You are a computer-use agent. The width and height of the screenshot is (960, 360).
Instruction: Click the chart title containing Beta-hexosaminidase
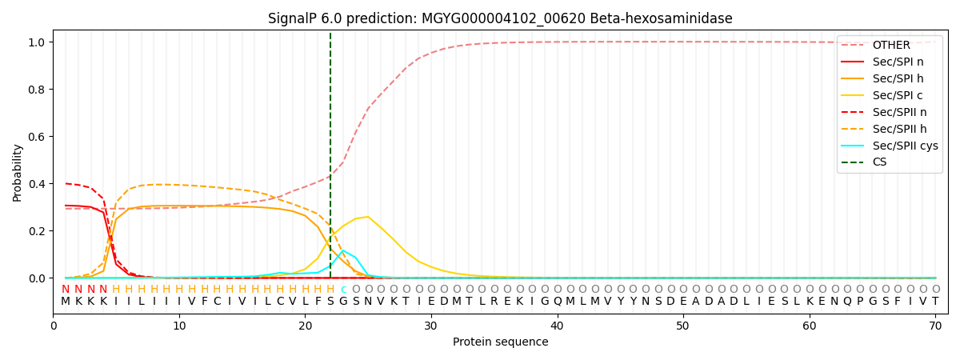500,18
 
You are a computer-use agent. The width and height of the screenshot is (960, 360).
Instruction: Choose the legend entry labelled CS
879,162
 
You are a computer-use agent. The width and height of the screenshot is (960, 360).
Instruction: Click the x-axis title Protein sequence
500,342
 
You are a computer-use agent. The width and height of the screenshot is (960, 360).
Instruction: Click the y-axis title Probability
18,172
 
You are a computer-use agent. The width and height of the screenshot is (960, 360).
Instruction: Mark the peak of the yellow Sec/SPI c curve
368,217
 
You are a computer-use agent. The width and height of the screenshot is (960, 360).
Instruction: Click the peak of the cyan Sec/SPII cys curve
343,251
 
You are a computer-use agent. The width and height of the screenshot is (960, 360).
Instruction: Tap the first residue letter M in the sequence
66,302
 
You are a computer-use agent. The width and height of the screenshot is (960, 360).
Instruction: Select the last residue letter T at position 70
935,302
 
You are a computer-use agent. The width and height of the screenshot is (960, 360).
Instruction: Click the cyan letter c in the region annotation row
343,290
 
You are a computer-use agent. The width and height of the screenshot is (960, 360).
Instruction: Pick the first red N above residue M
66,290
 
